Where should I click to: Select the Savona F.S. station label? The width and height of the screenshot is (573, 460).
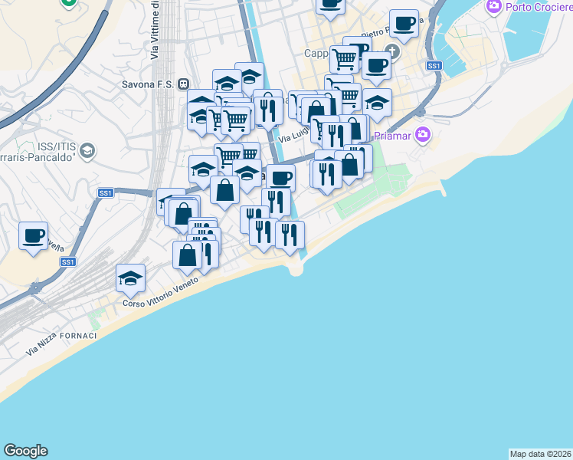148,84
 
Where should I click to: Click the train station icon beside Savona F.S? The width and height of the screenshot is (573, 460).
183,84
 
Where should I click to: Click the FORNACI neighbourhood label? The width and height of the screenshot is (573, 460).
80,337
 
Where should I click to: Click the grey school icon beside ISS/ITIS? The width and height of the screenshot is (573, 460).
87,150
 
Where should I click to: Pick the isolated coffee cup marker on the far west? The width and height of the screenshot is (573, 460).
33,235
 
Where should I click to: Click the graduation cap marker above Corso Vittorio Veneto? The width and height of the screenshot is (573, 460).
131,278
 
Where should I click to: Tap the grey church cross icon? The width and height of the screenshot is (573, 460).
393,52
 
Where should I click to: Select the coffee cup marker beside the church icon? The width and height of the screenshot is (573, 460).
376,66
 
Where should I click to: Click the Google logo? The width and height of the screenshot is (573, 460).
25,451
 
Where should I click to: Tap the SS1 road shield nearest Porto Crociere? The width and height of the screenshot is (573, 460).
434,66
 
